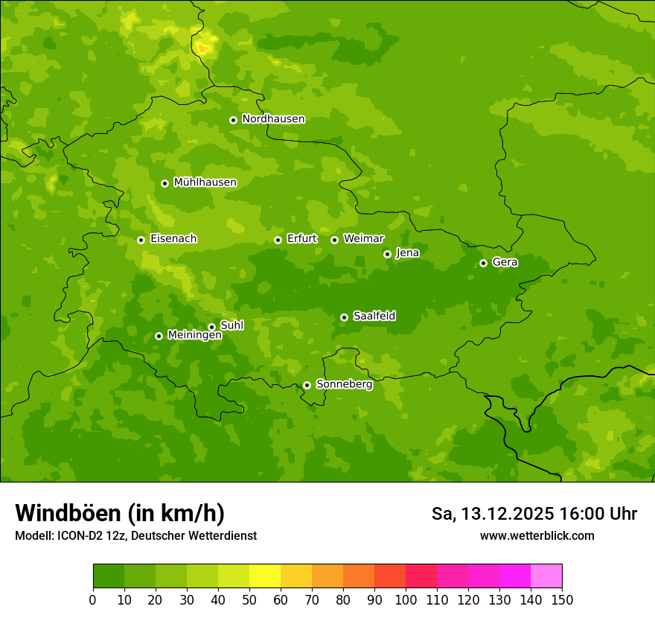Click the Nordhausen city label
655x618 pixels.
[x=273, y=119]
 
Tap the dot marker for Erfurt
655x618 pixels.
[x=278, y=240]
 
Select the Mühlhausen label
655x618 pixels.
[x=205, y=182]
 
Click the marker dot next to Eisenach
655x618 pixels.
[x=141, y=240]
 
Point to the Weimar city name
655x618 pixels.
[x=363, y=239]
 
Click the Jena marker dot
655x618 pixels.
[x=387, y=254]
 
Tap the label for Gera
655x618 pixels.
[x=505, y=262]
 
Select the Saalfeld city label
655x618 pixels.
[x=374, y=316]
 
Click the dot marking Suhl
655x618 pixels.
[x=211, y=327]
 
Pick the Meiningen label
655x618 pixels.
[x=194, y=335]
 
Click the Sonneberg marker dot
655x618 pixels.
[x=307, y=385]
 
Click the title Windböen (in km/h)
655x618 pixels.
[x=120, y=513]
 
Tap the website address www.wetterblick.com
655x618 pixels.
[x=537, y=535]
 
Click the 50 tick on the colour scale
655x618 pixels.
[x=249, y=599]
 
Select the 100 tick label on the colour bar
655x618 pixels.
[x=406, y=599]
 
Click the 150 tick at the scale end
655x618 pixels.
[x=562, y=599]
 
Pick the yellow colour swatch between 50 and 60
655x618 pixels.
[x=265, y=576]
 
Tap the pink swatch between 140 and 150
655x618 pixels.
[x=546, y=576]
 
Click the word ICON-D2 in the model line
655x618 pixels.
[x=77, y=535]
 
